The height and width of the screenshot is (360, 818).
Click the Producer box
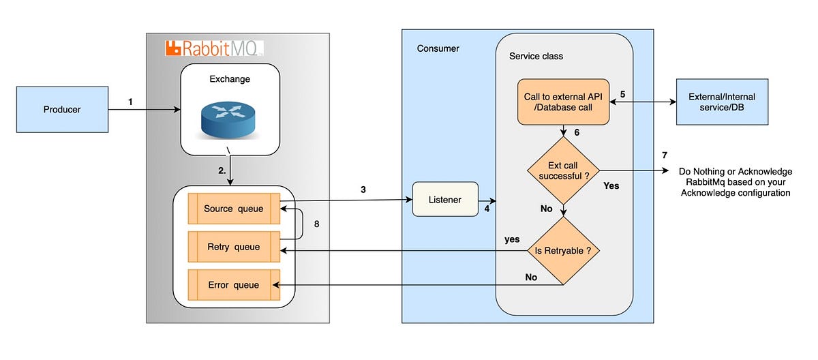(x=62, y=109)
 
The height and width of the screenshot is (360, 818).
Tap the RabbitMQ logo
(x=213, y=48)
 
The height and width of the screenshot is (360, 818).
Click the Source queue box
(x=232, y=209)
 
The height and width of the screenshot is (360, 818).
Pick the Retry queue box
(x=232, y=247)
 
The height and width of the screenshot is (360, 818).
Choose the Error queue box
(x=232, y=284)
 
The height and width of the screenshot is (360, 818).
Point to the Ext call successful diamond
(x=564, y=170)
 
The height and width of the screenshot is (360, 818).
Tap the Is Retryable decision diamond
(x=564, y=251)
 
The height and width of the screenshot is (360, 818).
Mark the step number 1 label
(x=130, y=102)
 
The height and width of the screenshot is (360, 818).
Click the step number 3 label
(x=364, y=190)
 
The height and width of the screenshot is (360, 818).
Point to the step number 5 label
(x=622, y=94)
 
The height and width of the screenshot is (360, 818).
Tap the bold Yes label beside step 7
(x=611, y=185)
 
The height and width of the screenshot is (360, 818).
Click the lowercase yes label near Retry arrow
(x=512, y=239)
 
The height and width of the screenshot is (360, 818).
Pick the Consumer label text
(x=438, y=48)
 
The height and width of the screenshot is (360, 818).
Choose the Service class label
(x=536, y=56)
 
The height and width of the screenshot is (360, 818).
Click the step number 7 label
(x=665, y=155)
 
